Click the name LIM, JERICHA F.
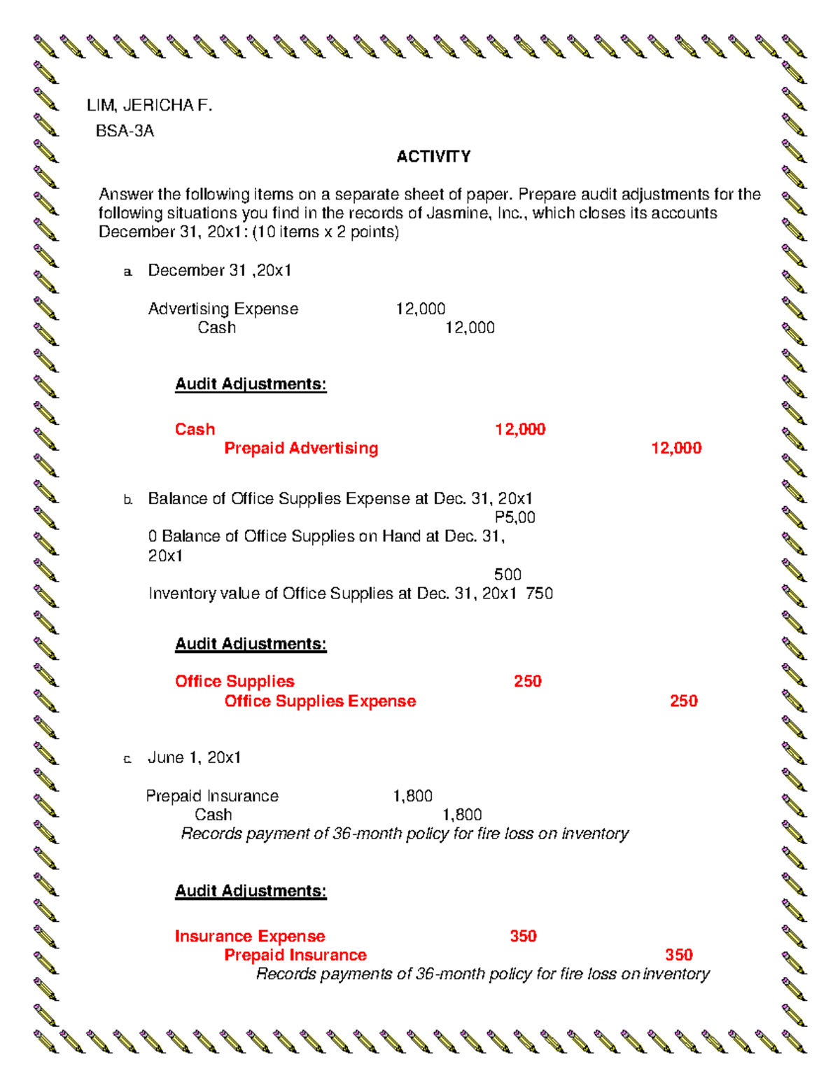pyautogui.click(x=149, y=106)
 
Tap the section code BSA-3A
pyautogui.click(x=125, y=131)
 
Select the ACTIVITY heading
pyautogui.click(x=433, y=157)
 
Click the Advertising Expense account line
pyautogui.click(x=223, y=309)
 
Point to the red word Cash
pyautogui.click(x=195, y=429)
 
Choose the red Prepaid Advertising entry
pyautogui.click(x=301, y=449)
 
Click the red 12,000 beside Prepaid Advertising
pyautogui.click(x=675, y=449)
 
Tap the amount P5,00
pyautogui.click(x=514, y=518)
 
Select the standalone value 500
pyautogui.click(x=507, y=575)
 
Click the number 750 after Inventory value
pyautogui.click(x=539, y=594)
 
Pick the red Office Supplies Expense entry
pyautogui.click(x=320, y=701)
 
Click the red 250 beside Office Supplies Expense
pyautogui.click(x=683, y=701)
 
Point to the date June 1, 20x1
pyautogui.click(x=194, y=757)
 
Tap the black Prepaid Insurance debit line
pyautogui.click(x=212, y=796)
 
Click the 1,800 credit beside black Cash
pyautogui.click(x=462, y=815)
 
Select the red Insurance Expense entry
pyautogui.click(x=250, y=937)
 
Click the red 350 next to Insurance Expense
pyautogui.click(x=523, y=937)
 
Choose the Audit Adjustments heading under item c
pyautogui.click(x=251, y=891)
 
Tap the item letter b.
pyautogui.click(x=127, y=500)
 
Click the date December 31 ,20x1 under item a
pyautogui.click(x=219, y=271)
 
